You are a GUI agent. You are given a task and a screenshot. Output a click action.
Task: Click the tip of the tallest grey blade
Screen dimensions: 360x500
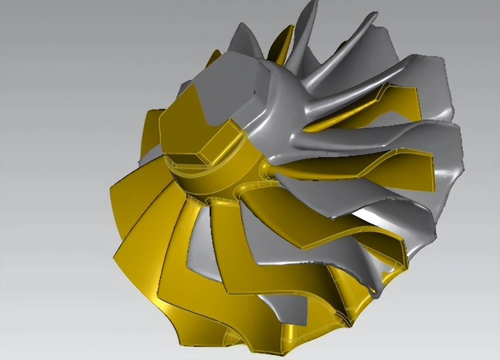coord(312,5)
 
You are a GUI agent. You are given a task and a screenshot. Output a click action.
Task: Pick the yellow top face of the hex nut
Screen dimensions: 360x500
coord(184,127)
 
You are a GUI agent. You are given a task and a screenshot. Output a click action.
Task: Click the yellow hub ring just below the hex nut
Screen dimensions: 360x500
coord(210,184)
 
